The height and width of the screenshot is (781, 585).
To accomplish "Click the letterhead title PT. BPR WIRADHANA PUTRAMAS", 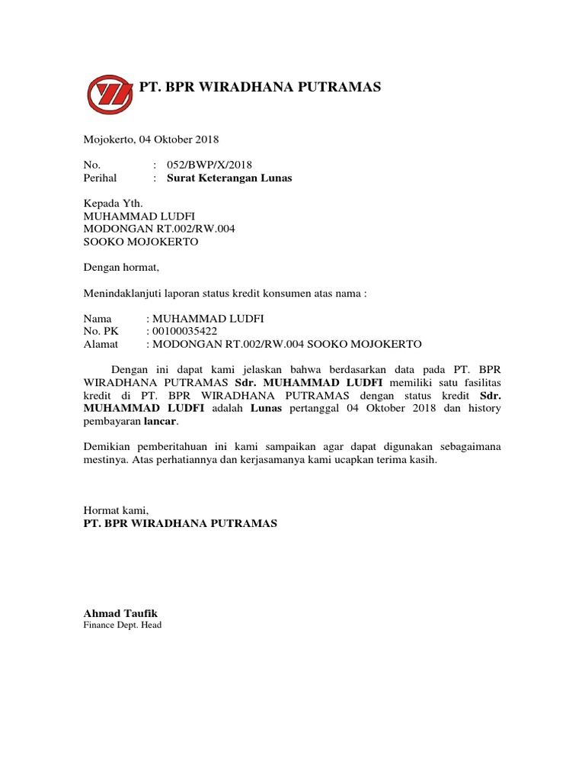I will (x=260, y=88).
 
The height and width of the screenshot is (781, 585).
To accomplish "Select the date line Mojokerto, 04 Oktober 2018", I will (x=151, y=140).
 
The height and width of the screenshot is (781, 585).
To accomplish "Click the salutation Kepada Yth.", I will (x=113, y=204).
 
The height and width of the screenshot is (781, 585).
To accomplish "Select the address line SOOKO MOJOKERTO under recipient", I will (x=140, y=242).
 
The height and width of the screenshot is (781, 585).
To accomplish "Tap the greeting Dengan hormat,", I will (x=120, y=268).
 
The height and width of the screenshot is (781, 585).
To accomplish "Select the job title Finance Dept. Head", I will (x=122, y=625).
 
